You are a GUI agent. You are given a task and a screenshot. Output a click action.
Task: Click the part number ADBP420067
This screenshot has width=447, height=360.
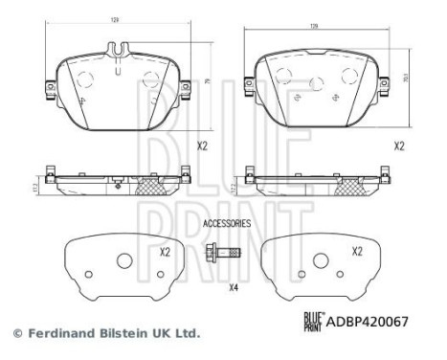point(369,323)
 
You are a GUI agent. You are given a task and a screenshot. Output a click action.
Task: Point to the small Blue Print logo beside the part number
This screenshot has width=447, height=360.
point(313,323)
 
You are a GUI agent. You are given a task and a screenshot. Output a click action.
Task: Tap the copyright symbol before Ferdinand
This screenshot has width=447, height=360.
point(16,334)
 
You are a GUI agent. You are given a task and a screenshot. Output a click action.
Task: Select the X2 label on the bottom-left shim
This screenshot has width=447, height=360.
point(165,252)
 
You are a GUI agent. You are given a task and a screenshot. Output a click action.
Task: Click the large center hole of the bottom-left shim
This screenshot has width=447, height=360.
point(123,261)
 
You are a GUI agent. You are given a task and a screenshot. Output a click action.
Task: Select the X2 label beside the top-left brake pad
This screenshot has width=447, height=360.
point(202,146)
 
